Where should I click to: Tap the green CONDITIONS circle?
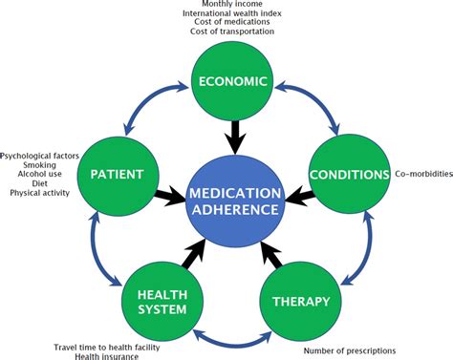[349, 175]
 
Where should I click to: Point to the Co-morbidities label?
[421, 174]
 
